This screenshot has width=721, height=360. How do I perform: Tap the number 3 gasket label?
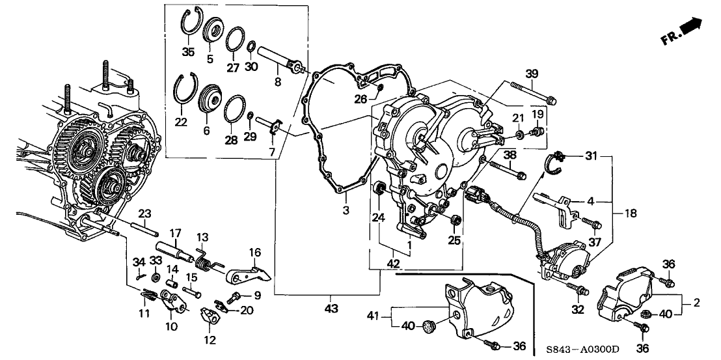pyautogui.click(x=346, y=210)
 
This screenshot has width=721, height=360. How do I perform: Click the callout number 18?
pyautogui.click(x=630, y=213)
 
